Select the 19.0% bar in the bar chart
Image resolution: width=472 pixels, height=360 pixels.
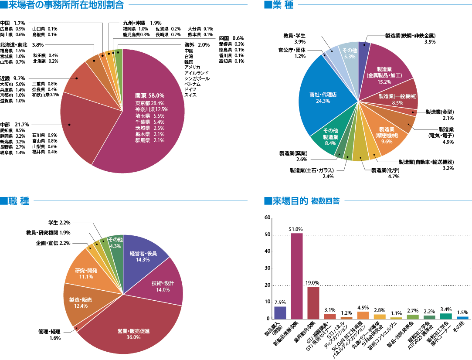(x=313, y=303)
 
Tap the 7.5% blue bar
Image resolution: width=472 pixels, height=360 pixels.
(x=280, y=312)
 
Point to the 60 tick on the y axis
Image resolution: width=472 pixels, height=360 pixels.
(x=267, y=217)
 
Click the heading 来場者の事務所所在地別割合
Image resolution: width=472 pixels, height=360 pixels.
(x=65, y=5)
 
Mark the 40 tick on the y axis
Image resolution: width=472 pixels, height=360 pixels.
(x=267, y=251)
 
